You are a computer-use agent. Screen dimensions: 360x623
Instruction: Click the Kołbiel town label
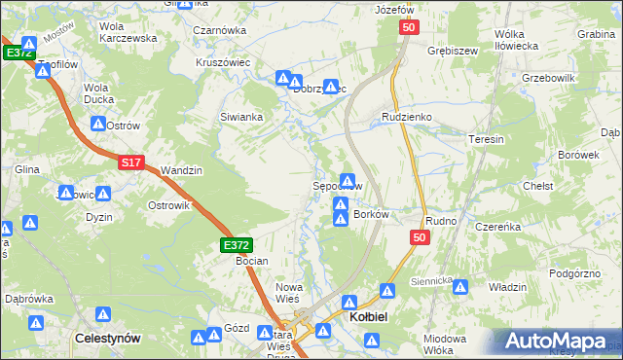(x=371, y=315)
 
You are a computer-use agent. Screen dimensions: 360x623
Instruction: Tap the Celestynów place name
(x=110, y=338)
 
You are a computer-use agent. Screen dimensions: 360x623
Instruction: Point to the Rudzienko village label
(x=406, y=118)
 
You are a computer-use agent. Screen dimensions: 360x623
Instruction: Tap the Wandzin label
(x=181, y=170)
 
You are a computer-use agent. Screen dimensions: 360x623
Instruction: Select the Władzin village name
(x=507, y=287)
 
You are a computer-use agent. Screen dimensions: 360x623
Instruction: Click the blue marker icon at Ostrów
(x=98, y=125)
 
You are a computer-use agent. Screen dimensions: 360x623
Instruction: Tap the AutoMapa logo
(x=559, y=342)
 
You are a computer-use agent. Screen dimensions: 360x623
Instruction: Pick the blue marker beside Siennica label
(x=459, y=288)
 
